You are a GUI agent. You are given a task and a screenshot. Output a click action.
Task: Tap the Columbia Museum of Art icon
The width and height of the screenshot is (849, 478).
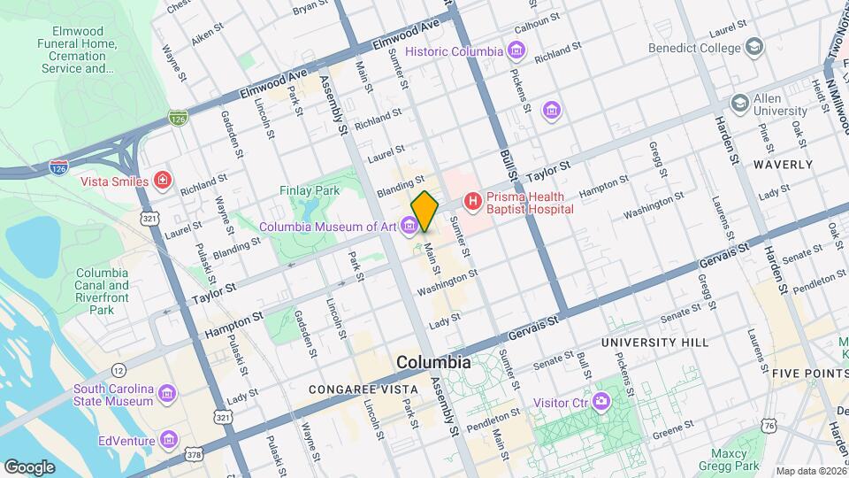pos(409,227)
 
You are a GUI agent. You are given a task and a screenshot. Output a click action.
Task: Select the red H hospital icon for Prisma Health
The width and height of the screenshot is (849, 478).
pos(472,202)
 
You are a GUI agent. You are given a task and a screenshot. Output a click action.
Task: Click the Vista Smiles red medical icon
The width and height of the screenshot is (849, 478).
pos(162,181)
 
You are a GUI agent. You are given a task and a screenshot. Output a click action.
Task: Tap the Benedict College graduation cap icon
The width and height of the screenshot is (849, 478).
pos(753,46)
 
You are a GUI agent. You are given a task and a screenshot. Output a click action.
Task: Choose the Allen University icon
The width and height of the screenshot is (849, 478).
pos(738,104)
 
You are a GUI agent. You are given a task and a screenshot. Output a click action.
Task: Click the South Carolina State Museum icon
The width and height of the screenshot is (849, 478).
pos(169,392)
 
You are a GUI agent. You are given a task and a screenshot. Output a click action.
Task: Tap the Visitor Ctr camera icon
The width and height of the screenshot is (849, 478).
pos(600,403)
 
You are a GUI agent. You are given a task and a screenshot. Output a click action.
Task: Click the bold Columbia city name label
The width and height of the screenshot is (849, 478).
pos(433,362)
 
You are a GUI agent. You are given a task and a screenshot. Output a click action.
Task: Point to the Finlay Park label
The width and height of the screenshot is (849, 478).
pos(309,190)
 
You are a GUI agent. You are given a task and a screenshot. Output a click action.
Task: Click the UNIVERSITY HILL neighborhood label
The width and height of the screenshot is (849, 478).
pos(654,342)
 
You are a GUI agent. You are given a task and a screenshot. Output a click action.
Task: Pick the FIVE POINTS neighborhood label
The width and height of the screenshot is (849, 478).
pos(809,374)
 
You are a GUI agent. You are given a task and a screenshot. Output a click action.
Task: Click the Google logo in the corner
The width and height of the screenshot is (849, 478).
pos(29,466)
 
